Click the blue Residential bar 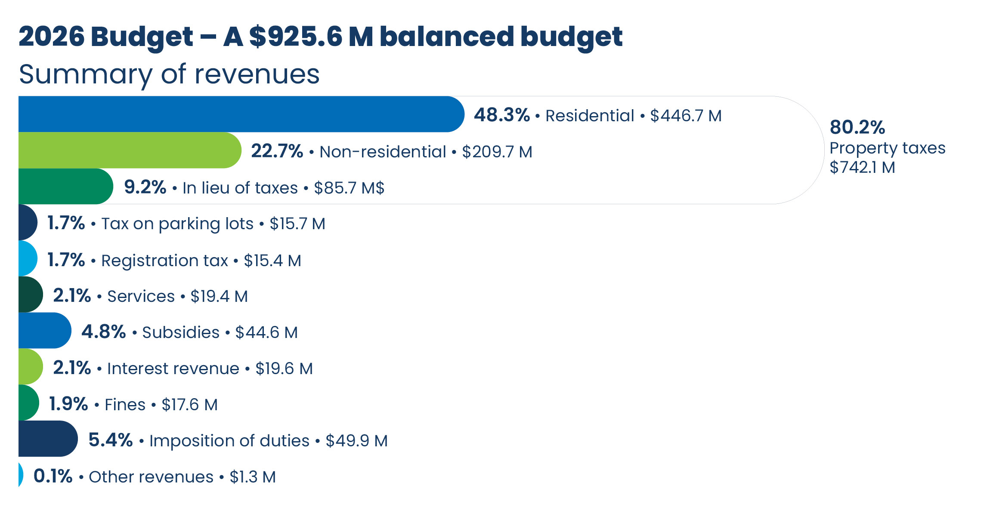tap(241, 114)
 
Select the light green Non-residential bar tap(129, 150)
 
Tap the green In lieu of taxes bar tap(65, 186)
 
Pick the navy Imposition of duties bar tap(47, 439)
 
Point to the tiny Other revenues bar tap(20, 475)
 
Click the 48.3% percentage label tap(501, 115)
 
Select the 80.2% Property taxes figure tap(857, 127)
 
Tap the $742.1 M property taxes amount tap(862, 167)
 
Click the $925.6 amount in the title tap(295, 37)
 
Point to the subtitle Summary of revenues tap(169, 74)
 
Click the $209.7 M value tap(497, 152)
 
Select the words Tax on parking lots tap(177, 224)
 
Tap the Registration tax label tap(164, 261)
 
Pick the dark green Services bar tap(30, 295)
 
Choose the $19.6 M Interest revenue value tap(284, 369)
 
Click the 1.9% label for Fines tap(68, 404)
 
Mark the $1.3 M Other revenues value tap(253, 477)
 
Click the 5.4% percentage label tap(110, 440)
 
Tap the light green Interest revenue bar tap(30, 366)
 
